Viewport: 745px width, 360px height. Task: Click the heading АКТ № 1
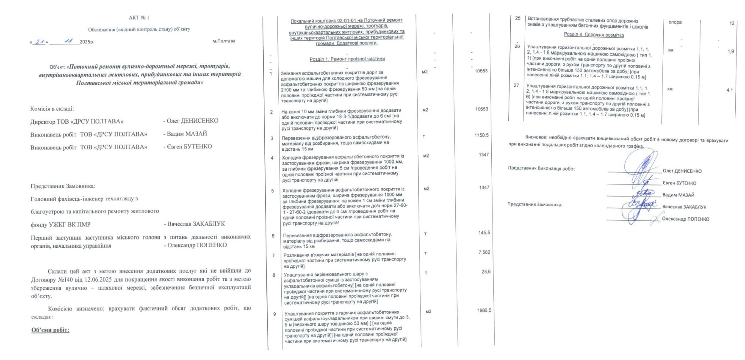(139, 18)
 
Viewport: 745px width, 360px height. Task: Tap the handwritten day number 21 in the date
(40, 42)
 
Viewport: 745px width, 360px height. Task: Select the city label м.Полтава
(224, 41)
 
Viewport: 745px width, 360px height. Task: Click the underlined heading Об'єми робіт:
(50, 330)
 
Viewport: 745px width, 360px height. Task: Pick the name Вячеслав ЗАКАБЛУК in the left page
(196, 224)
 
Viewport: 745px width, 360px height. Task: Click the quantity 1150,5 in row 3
(481, 135)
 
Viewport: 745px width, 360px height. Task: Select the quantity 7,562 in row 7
(484, 252)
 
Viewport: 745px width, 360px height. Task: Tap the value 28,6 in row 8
(486, 272)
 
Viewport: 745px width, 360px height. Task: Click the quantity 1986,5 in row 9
(484, 310)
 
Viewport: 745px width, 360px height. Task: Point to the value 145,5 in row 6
(484, 233)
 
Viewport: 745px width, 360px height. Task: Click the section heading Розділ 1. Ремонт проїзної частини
(347, 59)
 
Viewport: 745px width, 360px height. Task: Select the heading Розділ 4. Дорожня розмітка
(594, 35)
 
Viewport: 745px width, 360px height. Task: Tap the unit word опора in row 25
(675, 22)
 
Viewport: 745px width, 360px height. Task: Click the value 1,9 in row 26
(731, 51)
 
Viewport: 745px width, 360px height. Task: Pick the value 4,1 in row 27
(730, 90)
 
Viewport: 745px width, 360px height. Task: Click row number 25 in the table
(518, 18)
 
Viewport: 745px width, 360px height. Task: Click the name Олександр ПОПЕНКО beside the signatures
(685, 219)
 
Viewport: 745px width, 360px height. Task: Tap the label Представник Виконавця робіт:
(541, 168)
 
